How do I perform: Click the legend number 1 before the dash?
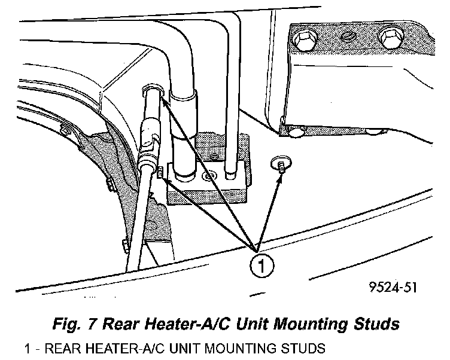pos(27,347)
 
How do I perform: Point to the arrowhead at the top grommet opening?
pos(160,96)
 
